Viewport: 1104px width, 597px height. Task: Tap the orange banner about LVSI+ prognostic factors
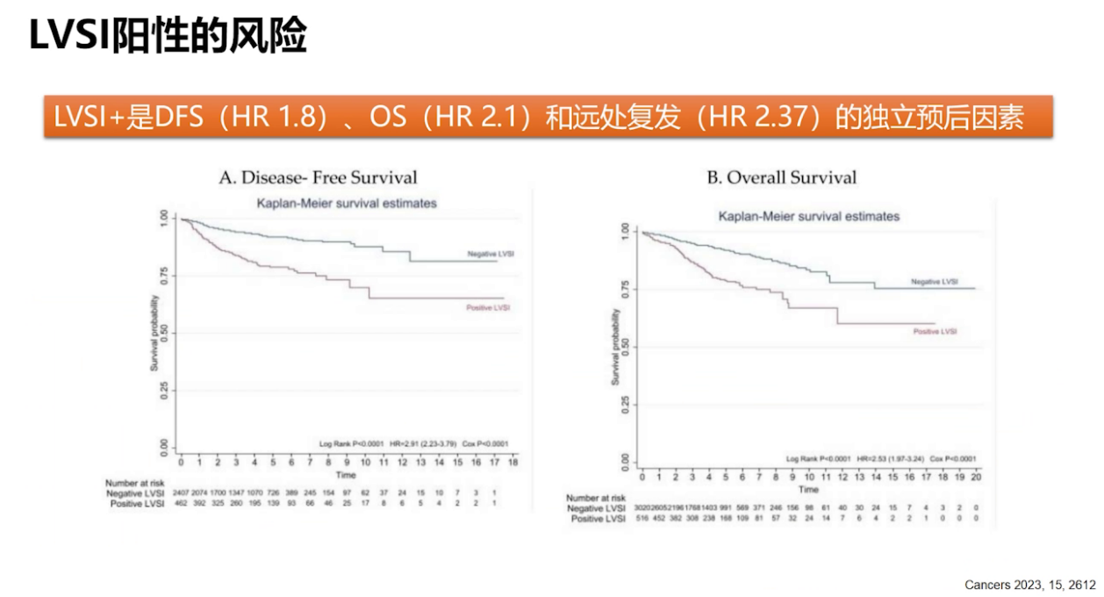pyautogui.click(x=548, y=117)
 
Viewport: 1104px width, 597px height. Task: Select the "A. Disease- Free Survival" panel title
pyautogui.click(x=318, y=178)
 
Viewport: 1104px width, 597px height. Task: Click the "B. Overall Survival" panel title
pyautogui.click(x=782, y=178)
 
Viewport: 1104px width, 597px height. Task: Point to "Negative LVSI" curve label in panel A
pyautogui.click(x=490, y=254)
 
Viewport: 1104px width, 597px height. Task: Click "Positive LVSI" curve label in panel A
pyautogui.click(x=488, y=308)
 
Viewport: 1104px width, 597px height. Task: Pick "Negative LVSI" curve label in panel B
pyautogui.click(x=934, y=282)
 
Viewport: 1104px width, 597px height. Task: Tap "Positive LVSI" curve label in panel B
pyautogui.click(x=935, y=332)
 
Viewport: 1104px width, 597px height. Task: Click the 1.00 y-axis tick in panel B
pyautogui.click(x=624, y=231)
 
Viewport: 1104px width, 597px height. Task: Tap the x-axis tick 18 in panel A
pyautogui.click(x=513, y=462)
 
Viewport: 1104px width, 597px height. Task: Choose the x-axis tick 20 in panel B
pyautogui.click(x=975, y=477)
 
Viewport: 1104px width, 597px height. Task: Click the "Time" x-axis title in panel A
pyautogui.click(x=347, y=474)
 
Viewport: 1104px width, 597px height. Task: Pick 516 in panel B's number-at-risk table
pyautogui.click(x=643, y=520)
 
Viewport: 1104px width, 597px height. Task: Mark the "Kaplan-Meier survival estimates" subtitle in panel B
pyautogui.click(x=808, y=216)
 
